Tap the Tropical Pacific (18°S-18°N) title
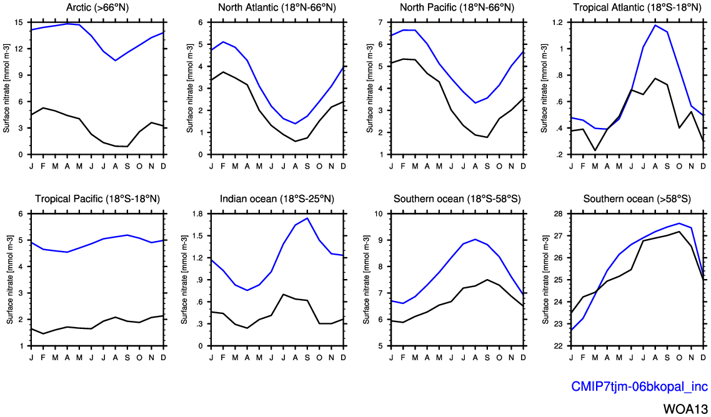pyautogui.click(x=97, y=199)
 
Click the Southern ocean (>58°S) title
pyautogui.click(x=636, y=199)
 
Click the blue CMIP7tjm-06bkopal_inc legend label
pyautogui.click(x=639, y=386)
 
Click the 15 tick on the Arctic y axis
pyautogui.click(x=19, y=22)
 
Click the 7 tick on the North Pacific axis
pyautogui.click(x=381, y=22)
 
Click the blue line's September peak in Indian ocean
pyautogui.click(x=307, y=218)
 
